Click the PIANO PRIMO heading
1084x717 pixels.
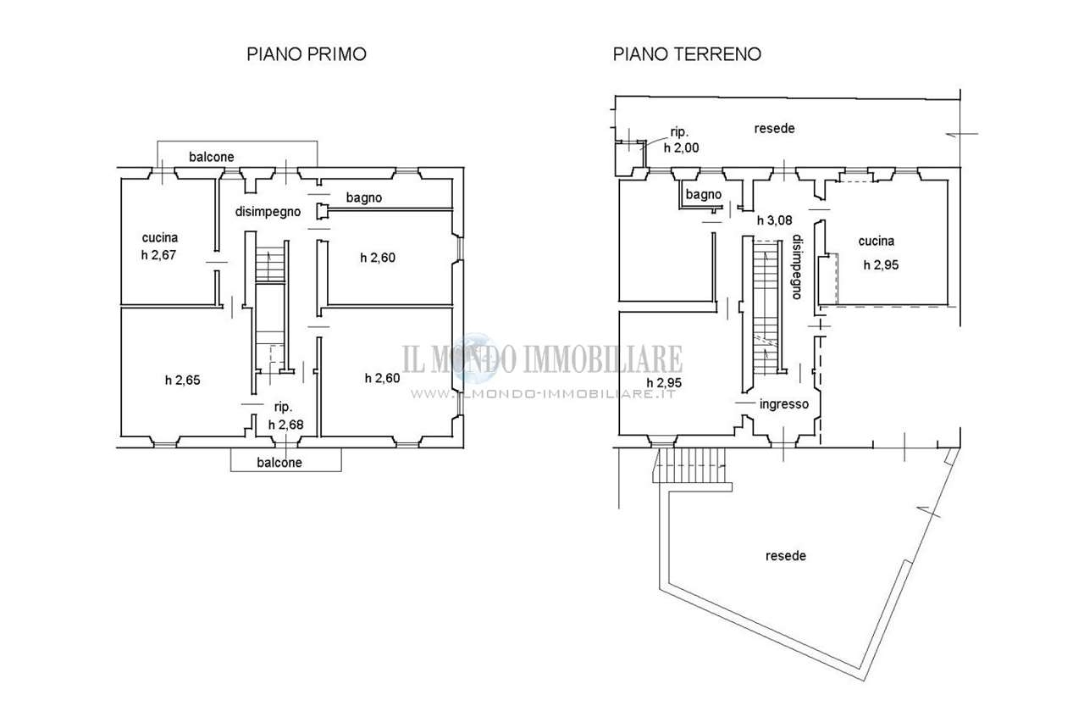pyautogui.click(x=307, y=53)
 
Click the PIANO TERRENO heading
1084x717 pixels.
pyautogui.click(x=687, y=53)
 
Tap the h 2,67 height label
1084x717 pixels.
pyautogui.click(x=158, y=255)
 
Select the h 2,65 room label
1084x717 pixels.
pyautogui.click(x=182, y=381)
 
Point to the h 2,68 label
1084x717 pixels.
pyautogui.click(x=286, y=425)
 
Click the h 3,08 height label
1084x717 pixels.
pyautogui.click(x=774, y=220)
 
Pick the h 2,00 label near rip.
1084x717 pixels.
pyautogui.click(x=682, y=147)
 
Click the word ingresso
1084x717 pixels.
pyautogui.click(x=784, y=404)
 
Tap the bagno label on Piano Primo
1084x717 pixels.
pyautogui.click(x=364, y=197)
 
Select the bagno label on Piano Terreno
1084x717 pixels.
pyautogui.click(x=704, y=195)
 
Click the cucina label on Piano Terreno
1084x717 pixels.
pyautogui.click(x=877, y=241)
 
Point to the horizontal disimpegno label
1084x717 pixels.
pyautogui.click(x=268, y=212)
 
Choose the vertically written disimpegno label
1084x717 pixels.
pyautogui.click(x=797, y=267)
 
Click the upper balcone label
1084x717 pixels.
pyautogui.click(x=212, y=157)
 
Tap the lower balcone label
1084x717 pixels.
pyautogui.click(x=279, y=463)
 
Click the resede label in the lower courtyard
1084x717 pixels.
pyautogui.click(x=786, y=556)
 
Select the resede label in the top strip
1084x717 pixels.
pyautogui.click(x=774, y=128)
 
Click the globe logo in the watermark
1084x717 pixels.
pyautogui.click(x=476, y=358)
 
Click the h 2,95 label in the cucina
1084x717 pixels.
pyautogui.click(x=882, y=265)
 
